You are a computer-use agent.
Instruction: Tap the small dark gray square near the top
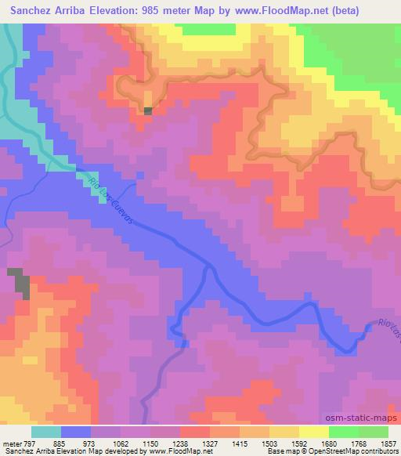pos(148,110)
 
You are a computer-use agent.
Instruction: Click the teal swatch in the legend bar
pos(47,431)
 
